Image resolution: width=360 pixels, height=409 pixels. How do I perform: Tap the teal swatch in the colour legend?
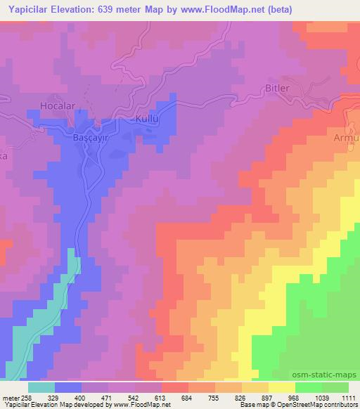pos(41,387)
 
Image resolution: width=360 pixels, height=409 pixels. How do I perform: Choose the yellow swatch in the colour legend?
pos(282,387)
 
